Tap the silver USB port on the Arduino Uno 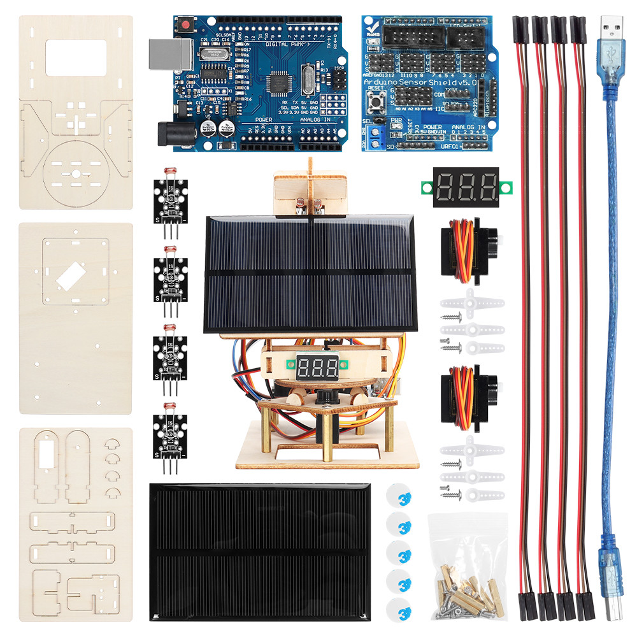point(164,55)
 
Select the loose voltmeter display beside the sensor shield point(468,187)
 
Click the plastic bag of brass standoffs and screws point(468,567)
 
